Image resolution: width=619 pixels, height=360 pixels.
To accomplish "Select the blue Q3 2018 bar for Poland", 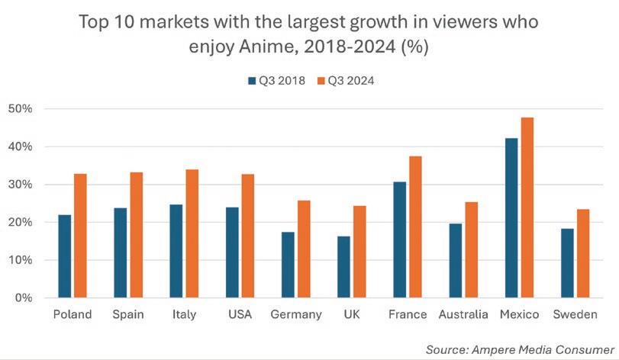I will [x=64, y=256].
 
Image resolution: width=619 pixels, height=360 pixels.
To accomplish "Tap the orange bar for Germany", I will [x=303, y=249].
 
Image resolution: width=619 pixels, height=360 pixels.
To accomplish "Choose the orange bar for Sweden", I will [x=584, y=253].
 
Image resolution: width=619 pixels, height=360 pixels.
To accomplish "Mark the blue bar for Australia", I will [x=456, y=260].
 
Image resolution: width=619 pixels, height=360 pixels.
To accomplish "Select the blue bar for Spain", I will [x=120, y=252].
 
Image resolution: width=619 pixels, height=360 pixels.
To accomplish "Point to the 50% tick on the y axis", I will [x=21, y=109].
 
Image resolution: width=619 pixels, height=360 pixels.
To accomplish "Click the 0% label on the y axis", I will [x=24, y=298].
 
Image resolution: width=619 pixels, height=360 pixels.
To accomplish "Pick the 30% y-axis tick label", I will [x=21, y=185].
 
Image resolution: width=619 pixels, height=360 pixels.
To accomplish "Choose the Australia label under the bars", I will [x=463, y=315].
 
